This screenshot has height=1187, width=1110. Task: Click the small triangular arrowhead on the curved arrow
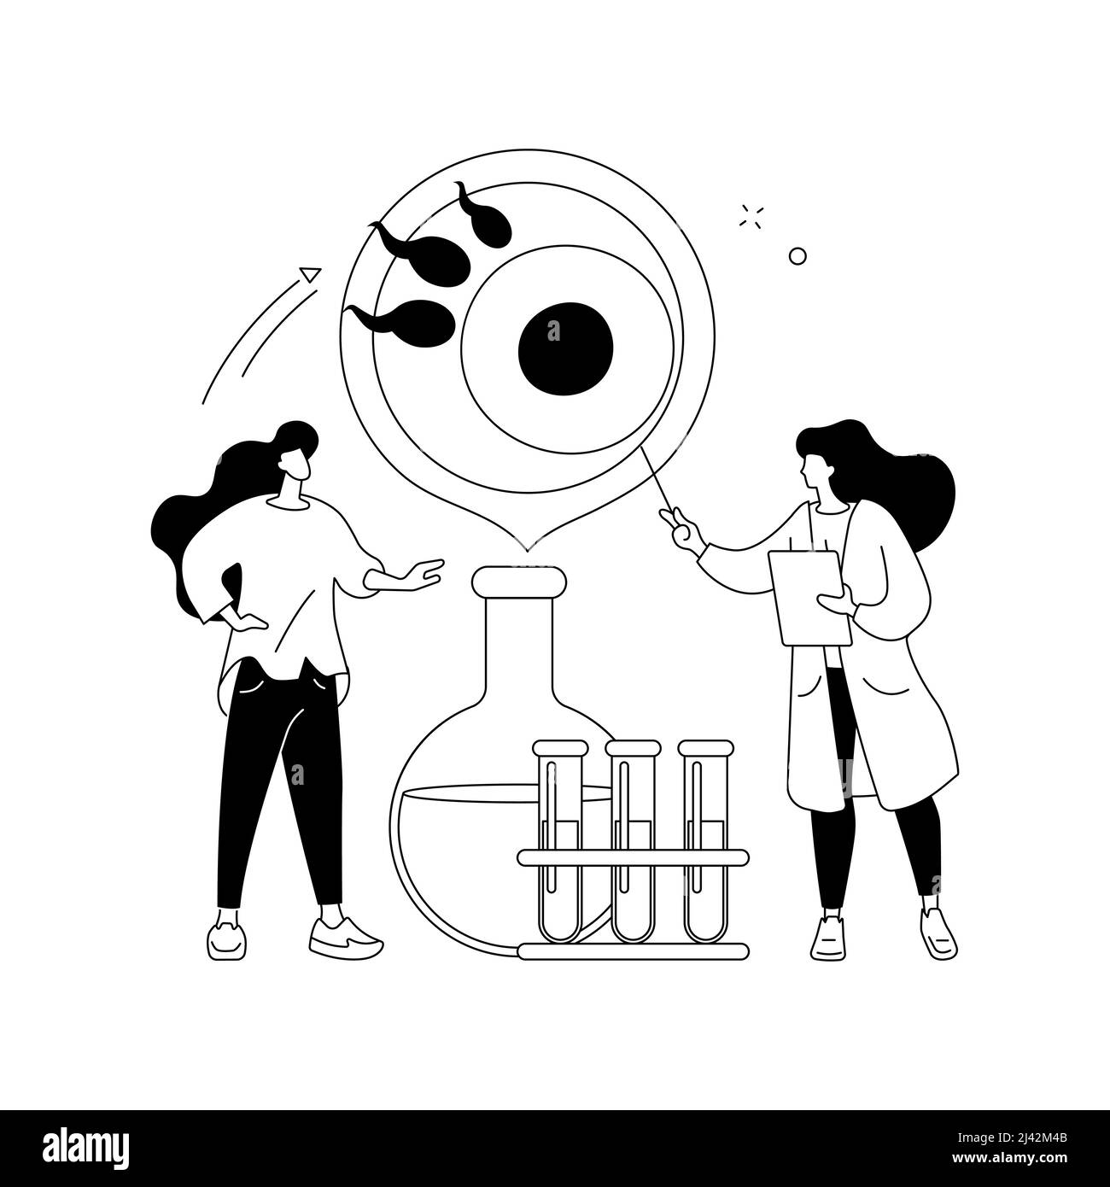[311, 274]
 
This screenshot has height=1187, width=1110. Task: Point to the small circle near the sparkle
[797, 231]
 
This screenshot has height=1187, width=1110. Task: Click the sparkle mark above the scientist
[751, 217]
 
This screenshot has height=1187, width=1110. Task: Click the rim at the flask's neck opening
[518, 582]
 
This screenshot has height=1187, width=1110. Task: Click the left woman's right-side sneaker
[344, 938]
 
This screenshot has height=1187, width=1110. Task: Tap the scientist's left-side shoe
[829, 938]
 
